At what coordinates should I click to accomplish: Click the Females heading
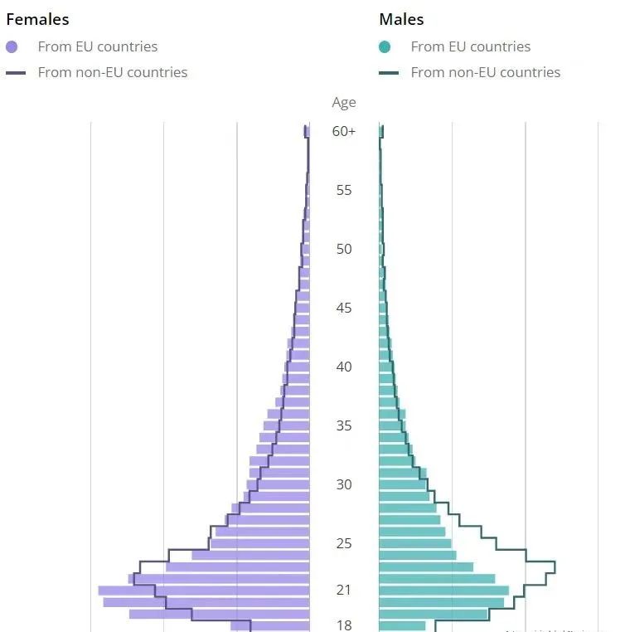(x=37, y=19)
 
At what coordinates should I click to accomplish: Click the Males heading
(x=401, y=19)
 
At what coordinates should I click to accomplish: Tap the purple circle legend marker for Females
(x=12, y=47)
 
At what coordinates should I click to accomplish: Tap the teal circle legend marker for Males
(x=385, y=47)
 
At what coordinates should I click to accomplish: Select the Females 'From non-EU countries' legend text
(x=113, y=73)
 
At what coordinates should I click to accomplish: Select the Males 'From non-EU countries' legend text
(x=486, y=73)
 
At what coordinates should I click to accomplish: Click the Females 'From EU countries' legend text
(x=98, y=47)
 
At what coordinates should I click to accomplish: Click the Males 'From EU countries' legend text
(x=471, y=47)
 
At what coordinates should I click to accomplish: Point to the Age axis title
(x=344, y=103)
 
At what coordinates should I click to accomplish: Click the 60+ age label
(x=344, y=131)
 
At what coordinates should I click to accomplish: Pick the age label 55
(x=344, y=190)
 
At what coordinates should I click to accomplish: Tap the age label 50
(x=344, y=249)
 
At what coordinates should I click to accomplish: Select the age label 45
(x=344, y=308)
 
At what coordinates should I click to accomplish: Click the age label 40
(x=344, y=367)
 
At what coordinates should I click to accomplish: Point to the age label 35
(x=344, y=425)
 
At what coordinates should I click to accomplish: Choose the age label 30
(x=344, y=484)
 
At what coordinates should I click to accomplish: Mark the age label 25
(x=344, y=543)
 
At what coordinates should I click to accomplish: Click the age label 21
(x=344, y=591)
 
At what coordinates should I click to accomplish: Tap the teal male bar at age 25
(x=415, y=543)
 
